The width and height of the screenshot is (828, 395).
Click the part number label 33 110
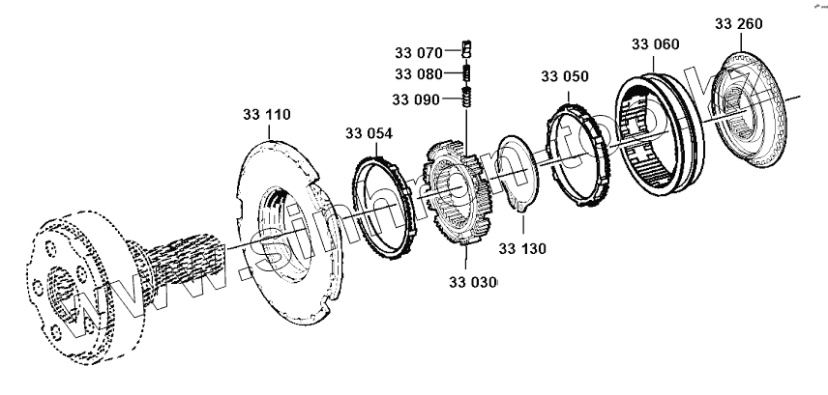(265, 115)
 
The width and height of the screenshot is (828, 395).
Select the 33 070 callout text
(417, 50)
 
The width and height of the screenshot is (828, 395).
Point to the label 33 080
(417, 73)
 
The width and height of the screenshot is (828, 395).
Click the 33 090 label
(415, 99)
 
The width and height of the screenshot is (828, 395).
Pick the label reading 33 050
(564, 76)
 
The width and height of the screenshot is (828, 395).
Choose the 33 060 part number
(655, 44)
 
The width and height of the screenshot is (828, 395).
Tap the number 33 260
(739, 20)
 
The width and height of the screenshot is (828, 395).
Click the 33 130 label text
(522, 248)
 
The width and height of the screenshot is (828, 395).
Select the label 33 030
(472, 282)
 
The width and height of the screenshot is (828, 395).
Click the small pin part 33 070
(465, 50)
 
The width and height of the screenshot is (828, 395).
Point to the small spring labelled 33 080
(465, 73)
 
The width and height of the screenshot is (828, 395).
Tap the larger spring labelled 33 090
(465, 98)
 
